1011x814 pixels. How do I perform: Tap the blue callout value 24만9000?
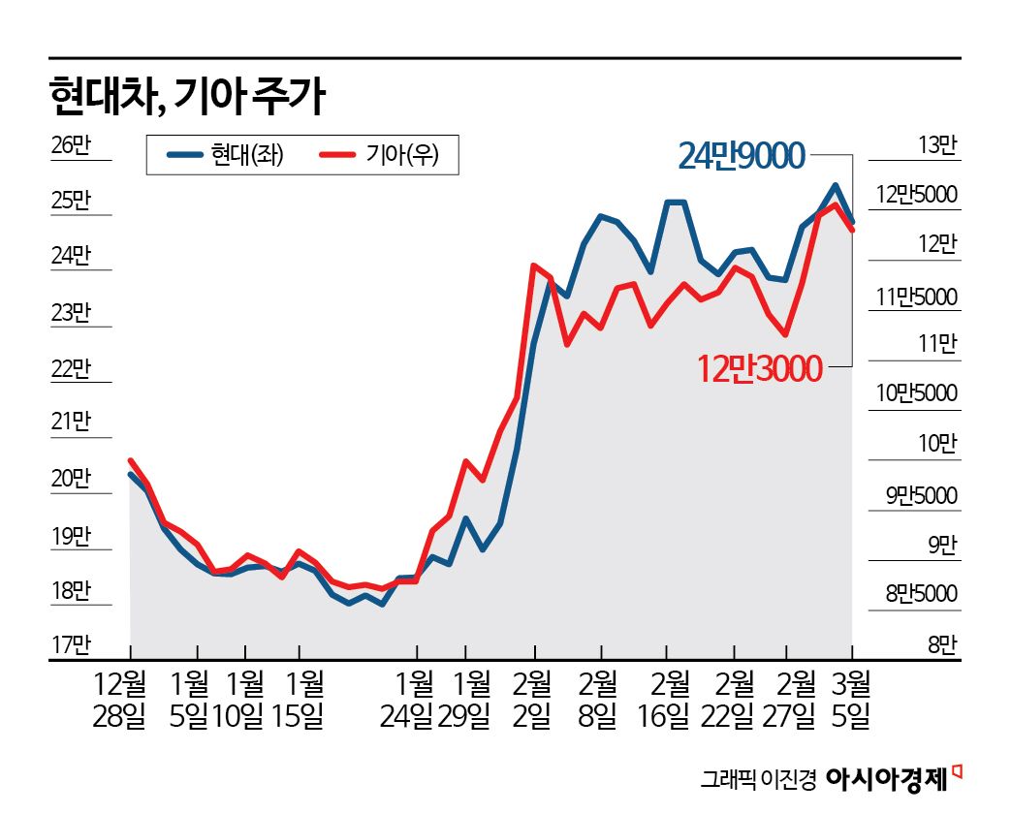click(x=742, y=156)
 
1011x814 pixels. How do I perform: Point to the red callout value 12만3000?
click(x=759, y=367)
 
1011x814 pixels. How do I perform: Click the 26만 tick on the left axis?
click(x=69, y=146)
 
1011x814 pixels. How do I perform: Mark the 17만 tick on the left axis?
click(x=69, y=643)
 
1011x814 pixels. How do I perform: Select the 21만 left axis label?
click(x=69, y=422)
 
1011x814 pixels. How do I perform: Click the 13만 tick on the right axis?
click(x=936, y=146)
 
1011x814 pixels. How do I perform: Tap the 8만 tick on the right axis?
click(x=941, y=643)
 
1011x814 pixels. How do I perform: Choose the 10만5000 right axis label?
click(x=916, y=393)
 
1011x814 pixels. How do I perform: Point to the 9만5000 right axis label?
click(x=921, y=496)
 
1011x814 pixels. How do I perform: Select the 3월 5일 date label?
click(x=853, y=702)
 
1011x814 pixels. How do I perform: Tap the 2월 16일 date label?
click(x=664, y=702)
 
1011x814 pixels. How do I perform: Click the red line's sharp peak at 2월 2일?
click(x=534, y=265)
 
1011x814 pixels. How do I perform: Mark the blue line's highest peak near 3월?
click(x=835, y=185)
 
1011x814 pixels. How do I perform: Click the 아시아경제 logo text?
click(x=887, y=778)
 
